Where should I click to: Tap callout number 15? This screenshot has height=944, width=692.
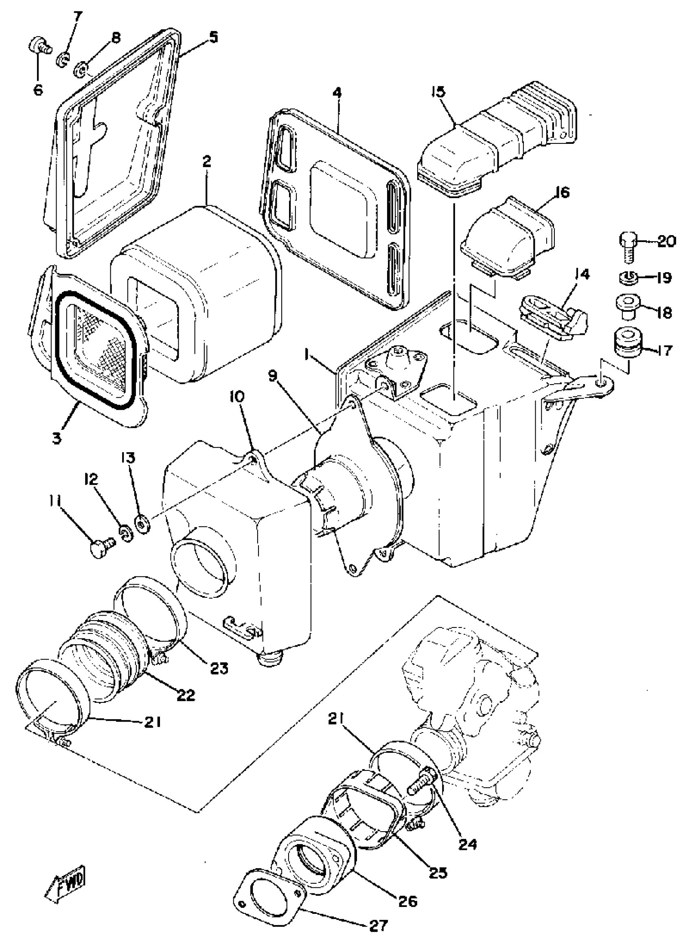[438, 92]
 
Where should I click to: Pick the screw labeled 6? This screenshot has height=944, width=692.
[39, 46]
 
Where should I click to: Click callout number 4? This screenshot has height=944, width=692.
[337, 93]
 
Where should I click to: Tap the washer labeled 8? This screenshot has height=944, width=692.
[81, 68]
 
